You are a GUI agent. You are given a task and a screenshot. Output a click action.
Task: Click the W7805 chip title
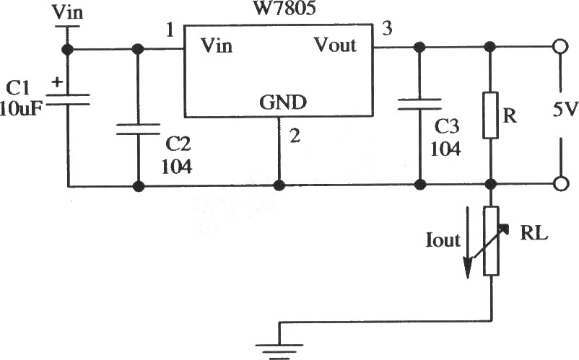coord(284,8)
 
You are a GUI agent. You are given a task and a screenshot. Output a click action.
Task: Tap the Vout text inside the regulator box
coord(335,45)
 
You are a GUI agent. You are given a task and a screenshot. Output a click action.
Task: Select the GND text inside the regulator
coord(283,102)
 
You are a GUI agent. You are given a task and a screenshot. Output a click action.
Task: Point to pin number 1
coord(170,30)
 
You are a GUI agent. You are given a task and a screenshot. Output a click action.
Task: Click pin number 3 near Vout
coord(387,28)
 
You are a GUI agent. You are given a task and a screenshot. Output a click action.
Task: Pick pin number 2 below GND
coord(295,136)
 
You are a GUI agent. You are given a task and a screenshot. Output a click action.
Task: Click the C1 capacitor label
coord(18,89)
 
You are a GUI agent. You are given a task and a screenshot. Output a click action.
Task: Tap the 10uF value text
coord(21,109)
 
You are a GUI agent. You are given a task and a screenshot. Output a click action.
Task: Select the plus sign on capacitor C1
coord(57,82)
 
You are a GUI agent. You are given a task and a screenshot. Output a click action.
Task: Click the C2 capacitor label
coord(178,144)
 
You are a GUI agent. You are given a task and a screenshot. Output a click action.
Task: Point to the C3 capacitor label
coord(446,126)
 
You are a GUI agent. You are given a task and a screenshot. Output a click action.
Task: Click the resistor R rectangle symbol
coord(490,115)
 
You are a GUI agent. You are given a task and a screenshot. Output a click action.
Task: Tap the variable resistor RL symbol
coord(491,241)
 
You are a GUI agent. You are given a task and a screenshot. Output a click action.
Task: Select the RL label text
coord(534,233)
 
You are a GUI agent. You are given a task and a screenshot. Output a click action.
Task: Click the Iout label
coord(443,240)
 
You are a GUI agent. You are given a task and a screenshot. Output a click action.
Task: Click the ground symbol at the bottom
coord(279,351)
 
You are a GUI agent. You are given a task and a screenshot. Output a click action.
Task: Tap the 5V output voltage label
coord(565,110)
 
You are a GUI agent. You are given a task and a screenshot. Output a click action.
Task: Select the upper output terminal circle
coord(560,47)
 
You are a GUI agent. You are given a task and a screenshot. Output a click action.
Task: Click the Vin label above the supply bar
coord(67,12)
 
